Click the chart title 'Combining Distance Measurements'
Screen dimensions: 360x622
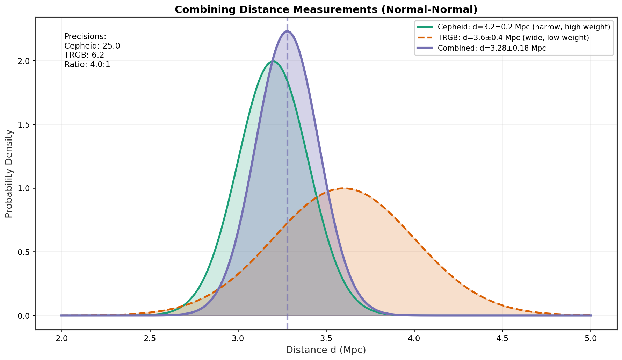[326, 9]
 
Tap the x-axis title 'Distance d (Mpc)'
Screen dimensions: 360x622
[326, 350]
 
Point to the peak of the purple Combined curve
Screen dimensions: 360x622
[287, 31]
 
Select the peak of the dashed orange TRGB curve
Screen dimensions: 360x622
[343, 188]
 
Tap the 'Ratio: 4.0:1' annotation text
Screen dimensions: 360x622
[87, 65]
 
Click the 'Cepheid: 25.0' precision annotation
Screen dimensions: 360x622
[92, 46]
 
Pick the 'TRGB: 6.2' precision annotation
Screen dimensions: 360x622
[84, 55]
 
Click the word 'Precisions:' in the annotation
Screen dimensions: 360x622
[85, 36]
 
